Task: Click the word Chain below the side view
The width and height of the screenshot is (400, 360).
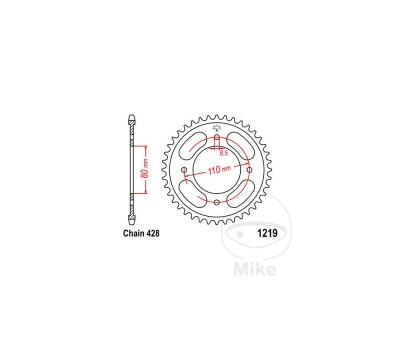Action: (x=133, y=233)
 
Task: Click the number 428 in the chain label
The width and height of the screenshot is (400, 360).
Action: (x=152, y=233)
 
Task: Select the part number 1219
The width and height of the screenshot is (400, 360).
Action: (x=267, y=233)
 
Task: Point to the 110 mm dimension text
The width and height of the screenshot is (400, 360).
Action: (x=219, y=170)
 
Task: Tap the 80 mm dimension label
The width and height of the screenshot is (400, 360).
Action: (x=144, y=170)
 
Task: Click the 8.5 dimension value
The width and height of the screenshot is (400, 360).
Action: (x=223, y=153)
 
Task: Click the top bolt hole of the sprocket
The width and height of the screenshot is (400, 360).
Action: (x=217, y=138)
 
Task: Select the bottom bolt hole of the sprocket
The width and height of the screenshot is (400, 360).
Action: (x=217, y=202)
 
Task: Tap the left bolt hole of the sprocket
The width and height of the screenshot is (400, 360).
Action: (x=184, y=170)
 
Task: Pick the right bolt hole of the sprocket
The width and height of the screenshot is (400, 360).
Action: (x=249, y=170)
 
